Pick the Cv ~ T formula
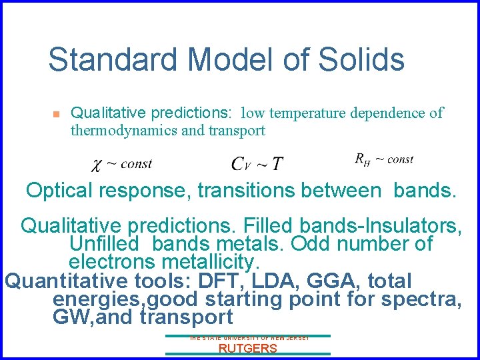[x=257, y=163]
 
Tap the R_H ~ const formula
[x=384, y=159]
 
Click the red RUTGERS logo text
[x=247, y=349]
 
